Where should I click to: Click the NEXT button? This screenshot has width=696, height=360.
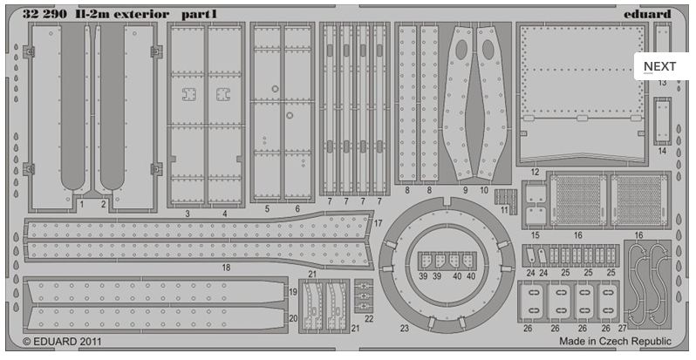point(660,66)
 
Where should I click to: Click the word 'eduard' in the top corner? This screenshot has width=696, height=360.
point(647,13)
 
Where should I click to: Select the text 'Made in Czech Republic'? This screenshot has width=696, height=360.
point(616,342)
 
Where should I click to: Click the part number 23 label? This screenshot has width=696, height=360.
point(404,329)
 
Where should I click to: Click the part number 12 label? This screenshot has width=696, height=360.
point(535,173)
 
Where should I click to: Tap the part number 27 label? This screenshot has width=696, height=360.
point(621,329)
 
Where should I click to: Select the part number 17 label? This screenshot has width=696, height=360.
point(378,224)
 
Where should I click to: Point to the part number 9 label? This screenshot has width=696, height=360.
point(465,189)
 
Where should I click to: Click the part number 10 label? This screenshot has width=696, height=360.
point(484,189)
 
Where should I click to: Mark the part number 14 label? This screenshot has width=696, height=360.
point(663,151)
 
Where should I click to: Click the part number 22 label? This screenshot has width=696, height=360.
point(369,318)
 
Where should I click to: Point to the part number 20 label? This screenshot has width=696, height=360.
point(293,318)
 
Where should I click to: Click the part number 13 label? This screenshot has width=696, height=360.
point(663,82)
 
